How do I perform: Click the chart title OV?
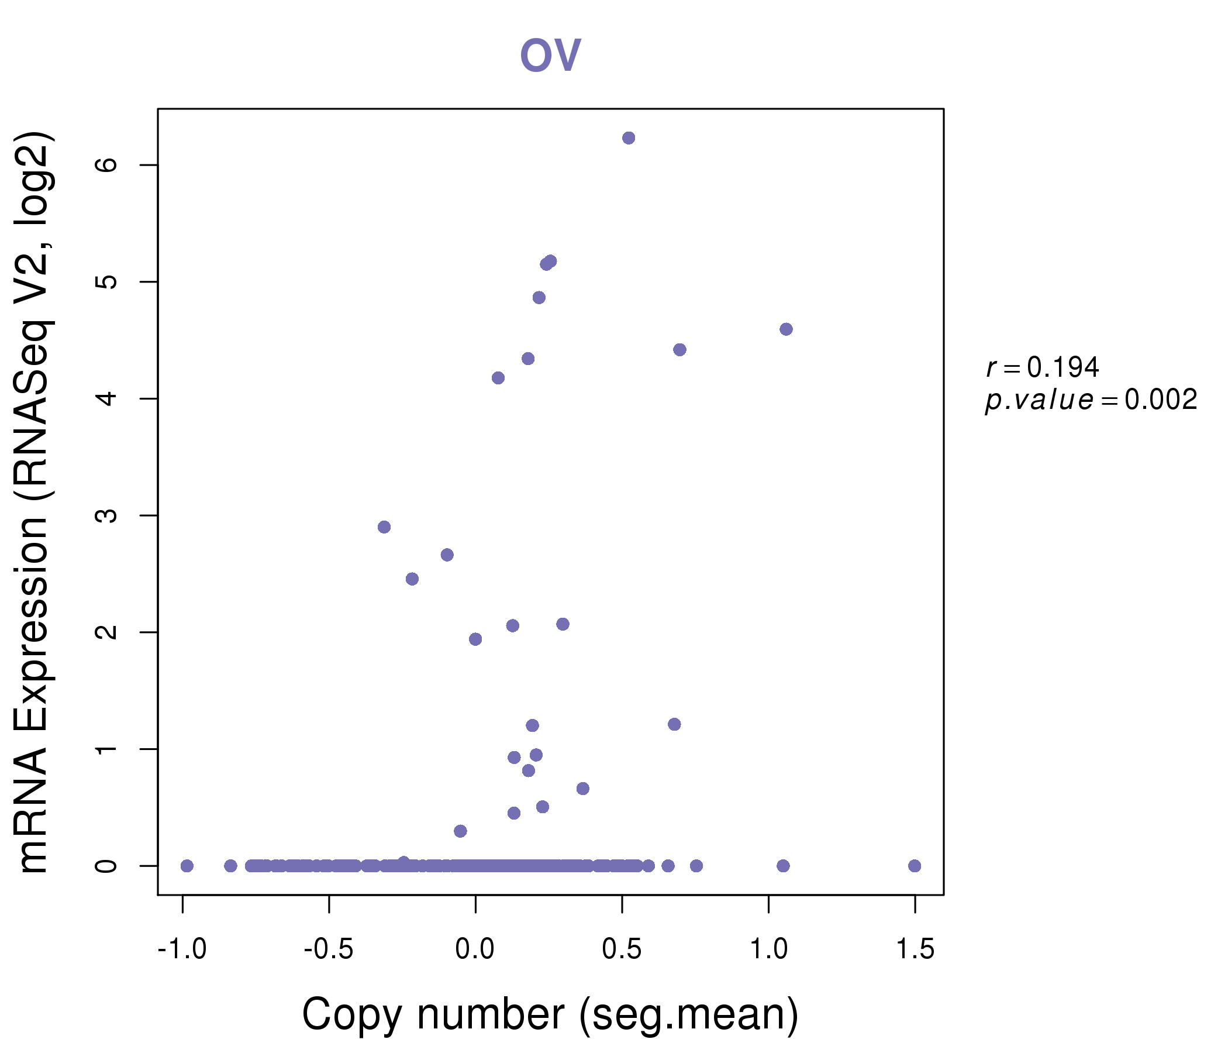[x=550, y=55]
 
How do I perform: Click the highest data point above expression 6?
[x=629, y=138]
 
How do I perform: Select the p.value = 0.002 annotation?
[x=1091, y=400]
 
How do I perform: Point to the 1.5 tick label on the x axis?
[x=915, y=949]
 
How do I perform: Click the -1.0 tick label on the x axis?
[x=182, y=949]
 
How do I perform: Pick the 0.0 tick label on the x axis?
[x=475, y=949]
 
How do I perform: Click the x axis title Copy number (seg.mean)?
[x=550, y=1014]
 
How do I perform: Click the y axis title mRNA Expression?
[x=35, y=503]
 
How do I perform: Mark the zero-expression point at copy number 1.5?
[x=915, y=866]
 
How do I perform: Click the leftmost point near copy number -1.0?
[x=187, y=866]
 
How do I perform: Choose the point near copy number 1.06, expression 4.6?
[x=786, y=329]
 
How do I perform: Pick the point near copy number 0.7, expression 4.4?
[x=679, y=350]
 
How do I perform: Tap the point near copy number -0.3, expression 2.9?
[x=384, y=527]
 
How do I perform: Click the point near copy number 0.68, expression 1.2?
[x=674, y=724]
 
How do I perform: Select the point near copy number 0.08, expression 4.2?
[x=498, y=378]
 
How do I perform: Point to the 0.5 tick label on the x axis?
[x=622, y=949]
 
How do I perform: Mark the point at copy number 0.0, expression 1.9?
[x=475, y=639]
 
